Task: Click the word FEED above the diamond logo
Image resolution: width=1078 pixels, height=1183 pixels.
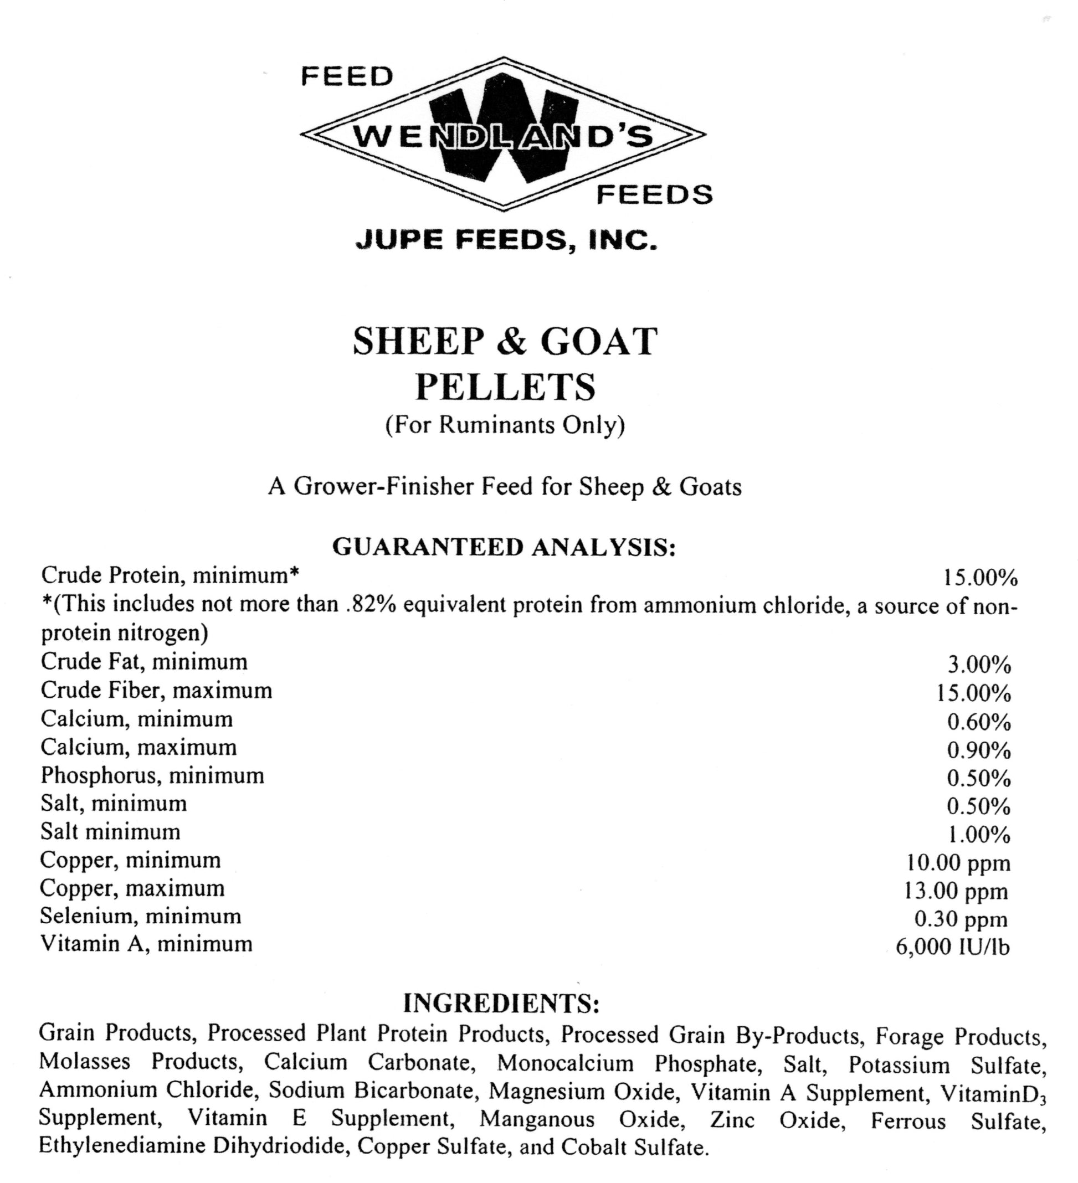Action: coord(347,76)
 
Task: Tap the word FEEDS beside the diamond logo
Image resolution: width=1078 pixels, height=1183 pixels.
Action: coord(654,194)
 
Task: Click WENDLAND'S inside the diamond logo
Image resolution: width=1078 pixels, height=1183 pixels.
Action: coord(504,137)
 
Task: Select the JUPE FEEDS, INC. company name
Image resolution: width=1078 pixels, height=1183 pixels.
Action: coord(506,239)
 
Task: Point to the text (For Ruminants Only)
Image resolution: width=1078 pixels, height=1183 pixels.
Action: coord(505,425)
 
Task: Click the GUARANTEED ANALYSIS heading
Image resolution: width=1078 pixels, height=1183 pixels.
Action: coord(504,547)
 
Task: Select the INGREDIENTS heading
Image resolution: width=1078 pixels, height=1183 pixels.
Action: coord(502,1004)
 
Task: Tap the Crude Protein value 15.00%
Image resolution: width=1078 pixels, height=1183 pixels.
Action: coord(980,578)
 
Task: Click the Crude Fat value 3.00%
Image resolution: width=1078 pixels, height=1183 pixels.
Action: coord(979,665)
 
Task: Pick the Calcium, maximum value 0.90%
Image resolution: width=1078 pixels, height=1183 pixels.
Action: coord(979,750)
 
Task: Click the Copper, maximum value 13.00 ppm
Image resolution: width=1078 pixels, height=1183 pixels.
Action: coord(956,891)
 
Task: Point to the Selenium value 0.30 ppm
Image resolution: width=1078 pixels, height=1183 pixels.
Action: coord(961,919)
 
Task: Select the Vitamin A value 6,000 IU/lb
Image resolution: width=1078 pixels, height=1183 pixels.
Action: coord(953,947)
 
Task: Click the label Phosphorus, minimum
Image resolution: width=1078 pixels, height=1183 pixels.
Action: coord(152,776)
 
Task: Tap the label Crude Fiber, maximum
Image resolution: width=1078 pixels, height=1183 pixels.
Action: coord(156,690)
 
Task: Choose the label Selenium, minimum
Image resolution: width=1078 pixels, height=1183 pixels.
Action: coord(140,916)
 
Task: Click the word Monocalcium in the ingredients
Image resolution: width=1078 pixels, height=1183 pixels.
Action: coord(566,1063)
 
